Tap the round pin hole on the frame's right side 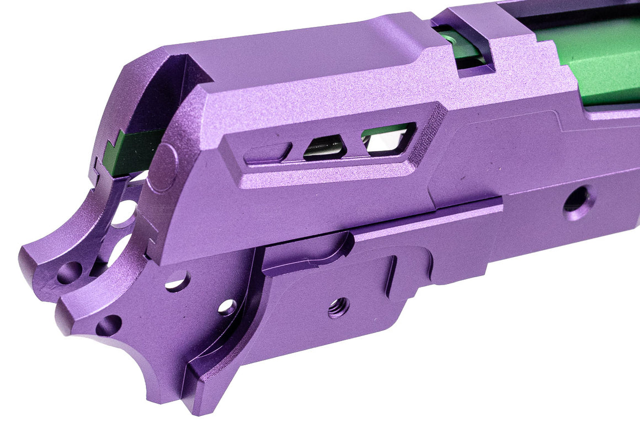tap(578, 202)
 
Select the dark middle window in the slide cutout tap(325, 147)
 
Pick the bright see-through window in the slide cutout tap(387, 138)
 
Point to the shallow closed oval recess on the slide tap(268, 152)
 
